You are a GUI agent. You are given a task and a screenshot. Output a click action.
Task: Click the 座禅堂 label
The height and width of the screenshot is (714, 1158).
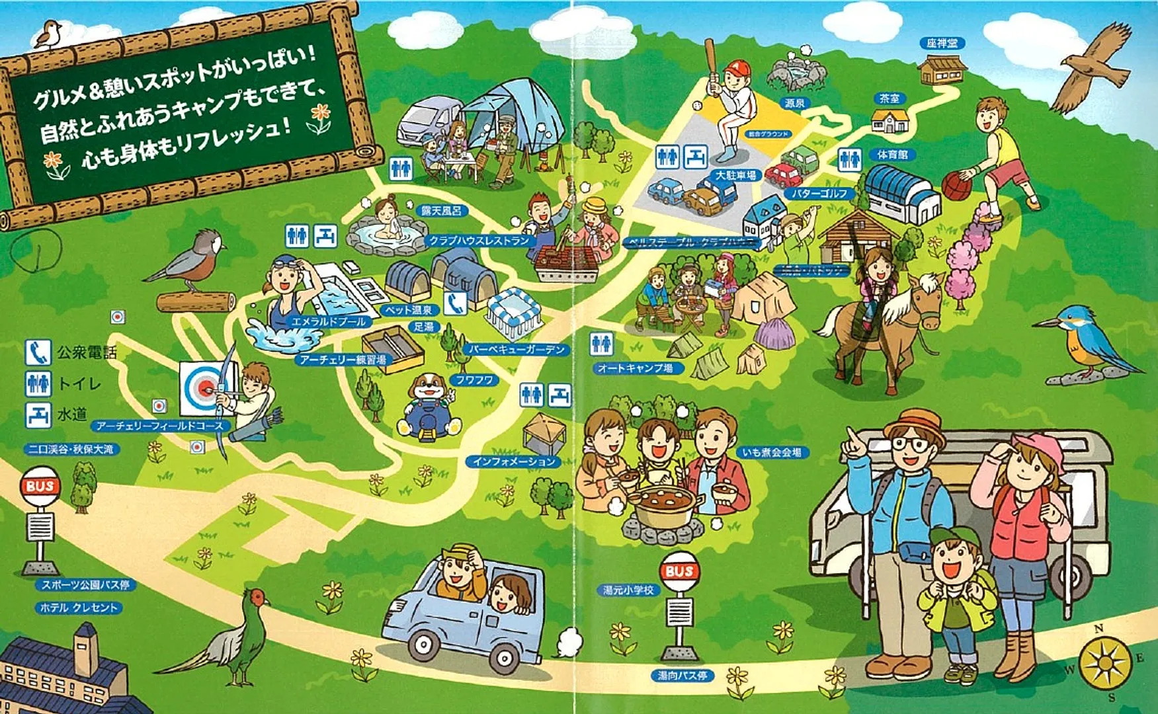point(941,44)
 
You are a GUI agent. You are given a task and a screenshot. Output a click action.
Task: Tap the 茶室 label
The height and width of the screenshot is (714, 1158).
point(889,99)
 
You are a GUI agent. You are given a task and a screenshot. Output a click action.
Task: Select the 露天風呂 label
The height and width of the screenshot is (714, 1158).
point(441,211)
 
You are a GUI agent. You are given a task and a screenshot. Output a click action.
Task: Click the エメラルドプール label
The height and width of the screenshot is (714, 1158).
point(329,321)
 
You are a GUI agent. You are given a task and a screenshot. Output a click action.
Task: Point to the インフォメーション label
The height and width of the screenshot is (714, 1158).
point(514,461)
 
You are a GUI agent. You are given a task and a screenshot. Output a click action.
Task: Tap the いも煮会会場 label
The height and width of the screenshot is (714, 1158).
point(772,453)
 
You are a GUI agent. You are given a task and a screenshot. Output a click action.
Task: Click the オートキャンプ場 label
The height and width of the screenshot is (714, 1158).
point(634,368)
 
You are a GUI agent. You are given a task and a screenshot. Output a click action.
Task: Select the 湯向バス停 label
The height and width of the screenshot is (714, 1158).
point(682,676)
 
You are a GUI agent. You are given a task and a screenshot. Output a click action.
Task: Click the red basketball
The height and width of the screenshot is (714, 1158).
point(956,186)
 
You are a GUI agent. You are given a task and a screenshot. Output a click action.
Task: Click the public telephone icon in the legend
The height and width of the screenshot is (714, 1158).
point(38,353)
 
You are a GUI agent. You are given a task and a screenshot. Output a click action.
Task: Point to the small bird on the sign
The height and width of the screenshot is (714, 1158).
point(48,34)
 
